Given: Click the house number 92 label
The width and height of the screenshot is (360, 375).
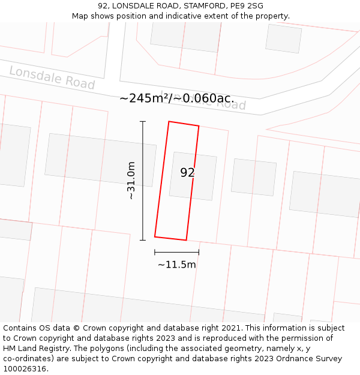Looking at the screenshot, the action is click(187, 173).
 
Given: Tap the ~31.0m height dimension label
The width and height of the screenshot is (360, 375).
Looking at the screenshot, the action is click(131, 181).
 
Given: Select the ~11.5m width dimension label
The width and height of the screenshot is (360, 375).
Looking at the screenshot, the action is click(177, 265).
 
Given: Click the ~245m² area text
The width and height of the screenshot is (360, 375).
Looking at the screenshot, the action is click(144, 98).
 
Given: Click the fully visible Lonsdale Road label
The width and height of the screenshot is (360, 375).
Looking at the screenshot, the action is click(52, 79).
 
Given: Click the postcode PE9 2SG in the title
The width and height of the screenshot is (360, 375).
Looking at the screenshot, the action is click(246, 6).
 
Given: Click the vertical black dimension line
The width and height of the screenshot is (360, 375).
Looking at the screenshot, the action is click(143, 180).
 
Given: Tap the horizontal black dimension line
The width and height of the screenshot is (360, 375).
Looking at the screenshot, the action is click(176, 252).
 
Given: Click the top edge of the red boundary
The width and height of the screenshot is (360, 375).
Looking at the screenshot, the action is click(184, 124).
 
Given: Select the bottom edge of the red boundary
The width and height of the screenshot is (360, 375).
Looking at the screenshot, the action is click(170, 238).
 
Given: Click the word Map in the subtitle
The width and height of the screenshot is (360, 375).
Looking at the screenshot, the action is click(80, 16).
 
